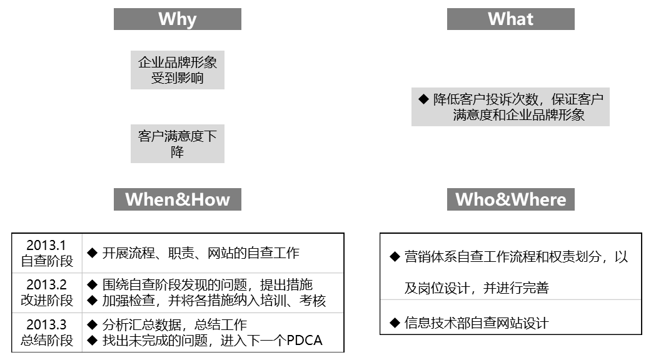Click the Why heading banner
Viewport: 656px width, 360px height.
click(177, 19)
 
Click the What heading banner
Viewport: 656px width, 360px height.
click(510, 19)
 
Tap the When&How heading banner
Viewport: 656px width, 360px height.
click(177, 199)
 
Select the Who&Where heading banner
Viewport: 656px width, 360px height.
click(510, 199)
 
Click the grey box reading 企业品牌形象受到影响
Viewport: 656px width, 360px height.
click(177, 70)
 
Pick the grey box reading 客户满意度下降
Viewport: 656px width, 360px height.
click(177, 144)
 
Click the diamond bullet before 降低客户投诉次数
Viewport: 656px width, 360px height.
click(423, 99)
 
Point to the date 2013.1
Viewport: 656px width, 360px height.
click(46, 246)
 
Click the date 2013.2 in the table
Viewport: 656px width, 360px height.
click(46, 285)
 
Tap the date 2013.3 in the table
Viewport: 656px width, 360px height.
click(46, 325)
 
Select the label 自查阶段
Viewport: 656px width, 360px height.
click(47, 261)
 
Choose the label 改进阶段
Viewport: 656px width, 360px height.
click(47, 300)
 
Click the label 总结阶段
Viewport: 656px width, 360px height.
click(47, 340)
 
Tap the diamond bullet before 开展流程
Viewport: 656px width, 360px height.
click(93, 252)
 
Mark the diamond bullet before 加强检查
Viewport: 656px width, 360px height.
click(93, 301)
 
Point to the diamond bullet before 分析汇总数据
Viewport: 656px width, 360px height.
click(93, 325)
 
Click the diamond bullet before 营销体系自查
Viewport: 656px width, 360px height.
click(395, 257)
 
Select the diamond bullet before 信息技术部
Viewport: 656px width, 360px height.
click(395, 322)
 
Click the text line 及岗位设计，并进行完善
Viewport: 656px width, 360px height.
click(477, 288)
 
